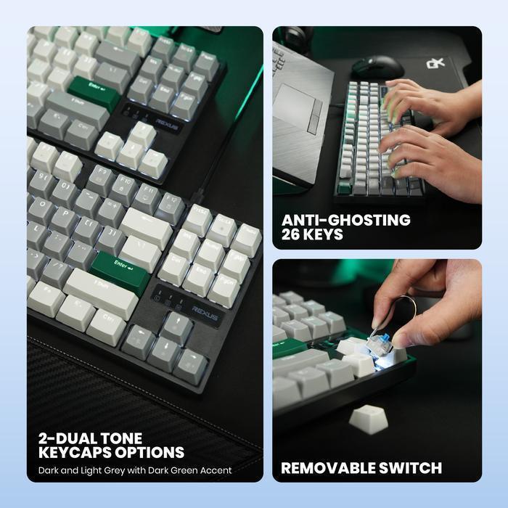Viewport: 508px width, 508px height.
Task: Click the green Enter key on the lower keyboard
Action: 120,266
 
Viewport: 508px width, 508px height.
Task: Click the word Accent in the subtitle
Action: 216,470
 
